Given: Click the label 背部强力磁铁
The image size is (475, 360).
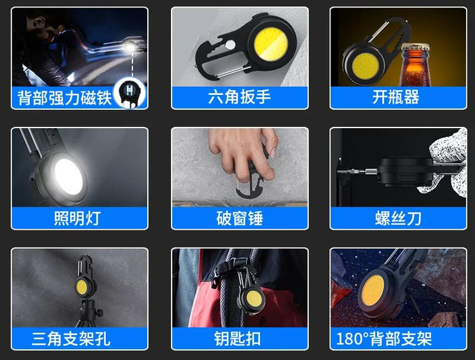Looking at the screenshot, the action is [64, 98].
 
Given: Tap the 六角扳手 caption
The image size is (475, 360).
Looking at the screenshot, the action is [240, 97].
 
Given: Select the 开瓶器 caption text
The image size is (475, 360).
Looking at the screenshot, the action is [396, 97].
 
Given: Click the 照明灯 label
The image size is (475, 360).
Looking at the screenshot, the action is [77, 218].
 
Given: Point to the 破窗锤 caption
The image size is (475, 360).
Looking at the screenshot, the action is [240, 218].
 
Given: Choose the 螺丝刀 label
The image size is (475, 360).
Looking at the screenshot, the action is [398, 218].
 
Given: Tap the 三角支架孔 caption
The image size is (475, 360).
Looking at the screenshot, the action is [71, 338].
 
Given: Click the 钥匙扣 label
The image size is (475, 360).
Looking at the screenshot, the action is [237, 338].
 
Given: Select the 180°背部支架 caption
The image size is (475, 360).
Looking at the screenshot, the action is [384, 338].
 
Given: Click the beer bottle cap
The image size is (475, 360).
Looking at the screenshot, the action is [415, 47].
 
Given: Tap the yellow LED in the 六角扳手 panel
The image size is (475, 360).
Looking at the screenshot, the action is [271, 44].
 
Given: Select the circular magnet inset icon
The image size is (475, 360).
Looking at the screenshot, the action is [130, 93].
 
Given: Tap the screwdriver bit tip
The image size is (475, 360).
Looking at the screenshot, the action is [339, 172].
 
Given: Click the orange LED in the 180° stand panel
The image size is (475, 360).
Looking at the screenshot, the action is [373, 292].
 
